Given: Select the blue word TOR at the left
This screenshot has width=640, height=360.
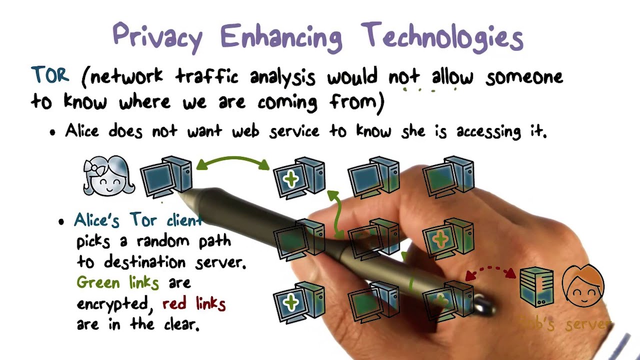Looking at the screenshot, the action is click(49, 75).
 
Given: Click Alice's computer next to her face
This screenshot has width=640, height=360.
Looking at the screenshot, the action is click(166, 176).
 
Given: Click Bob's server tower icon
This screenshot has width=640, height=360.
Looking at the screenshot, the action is click(536, 286).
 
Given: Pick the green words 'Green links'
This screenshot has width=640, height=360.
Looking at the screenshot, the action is click(117, 283).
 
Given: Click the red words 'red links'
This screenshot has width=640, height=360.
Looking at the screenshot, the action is click(194, 303).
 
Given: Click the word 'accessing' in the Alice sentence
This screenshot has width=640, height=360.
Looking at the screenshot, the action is click(488, 131).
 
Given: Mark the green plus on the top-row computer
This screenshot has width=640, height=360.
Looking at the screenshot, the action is click(290, 179).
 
